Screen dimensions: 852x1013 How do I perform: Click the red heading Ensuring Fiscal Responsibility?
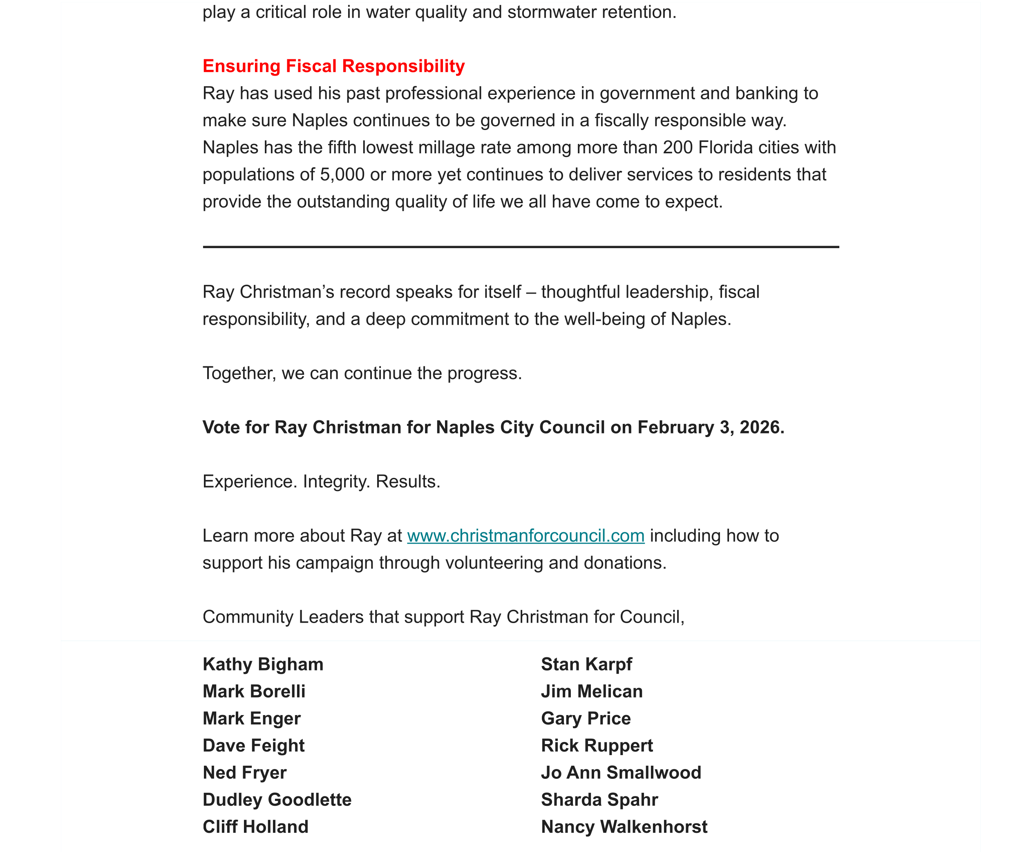coord(333,66)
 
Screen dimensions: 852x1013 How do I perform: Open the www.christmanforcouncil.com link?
coord(526,536)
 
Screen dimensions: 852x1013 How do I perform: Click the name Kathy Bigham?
coord(263,665)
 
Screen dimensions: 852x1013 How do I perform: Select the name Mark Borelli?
coord(254,692)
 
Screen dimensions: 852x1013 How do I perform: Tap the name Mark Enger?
coord(252,719)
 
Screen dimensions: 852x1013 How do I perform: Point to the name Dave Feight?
coord(253,746)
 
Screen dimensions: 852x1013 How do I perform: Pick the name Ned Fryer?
coord(244,773)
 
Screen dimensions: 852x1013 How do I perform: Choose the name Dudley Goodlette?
coord(277,800)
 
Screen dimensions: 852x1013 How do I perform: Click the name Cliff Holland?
coord(255,827)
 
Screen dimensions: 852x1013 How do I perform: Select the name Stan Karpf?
coord(586,665)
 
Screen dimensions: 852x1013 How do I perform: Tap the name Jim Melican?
coord(591,692)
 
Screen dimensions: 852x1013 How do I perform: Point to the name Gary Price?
coord(586,719)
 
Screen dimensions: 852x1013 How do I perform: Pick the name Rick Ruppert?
coord(597,746)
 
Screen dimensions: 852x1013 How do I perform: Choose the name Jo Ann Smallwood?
coord(621,773)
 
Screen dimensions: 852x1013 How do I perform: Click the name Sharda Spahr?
coord(599,800)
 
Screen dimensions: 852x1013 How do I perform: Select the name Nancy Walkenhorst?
coord(624,827)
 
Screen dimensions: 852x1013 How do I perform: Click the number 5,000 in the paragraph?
coord(342,174)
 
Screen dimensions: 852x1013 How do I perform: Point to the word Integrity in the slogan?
coord(336,482)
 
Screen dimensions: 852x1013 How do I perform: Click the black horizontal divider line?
coord(521,247)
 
